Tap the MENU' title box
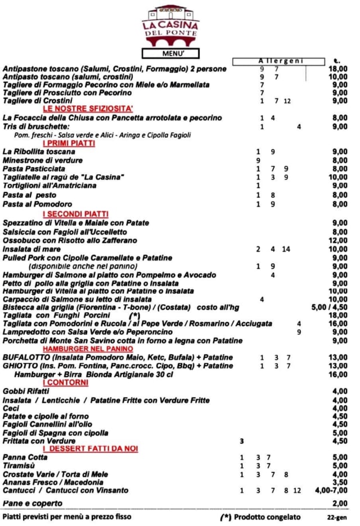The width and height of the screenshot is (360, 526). (170, 53)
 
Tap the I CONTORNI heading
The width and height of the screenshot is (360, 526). (65, 383)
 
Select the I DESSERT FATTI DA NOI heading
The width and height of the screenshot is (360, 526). (91, 449)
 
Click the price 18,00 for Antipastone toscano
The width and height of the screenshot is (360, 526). (338, 69)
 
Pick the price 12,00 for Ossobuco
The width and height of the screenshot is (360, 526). (338, 240)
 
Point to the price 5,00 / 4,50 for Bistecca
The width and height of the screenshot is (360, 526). (329, 308)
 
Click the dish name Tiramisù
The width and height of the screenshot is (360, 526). (20, 466)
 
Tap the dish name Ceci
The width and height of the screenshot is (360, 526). (11, 408)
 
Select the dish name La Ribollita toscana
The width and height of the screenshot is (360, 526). (39, 152)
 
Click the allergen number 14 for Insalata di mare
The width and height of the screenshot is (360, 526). (286, 249)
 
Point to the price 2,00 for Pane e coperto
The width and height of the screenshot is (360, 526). (340, 503)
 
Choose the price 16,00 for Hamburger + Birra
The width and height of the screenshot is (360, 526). (338, 375)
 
